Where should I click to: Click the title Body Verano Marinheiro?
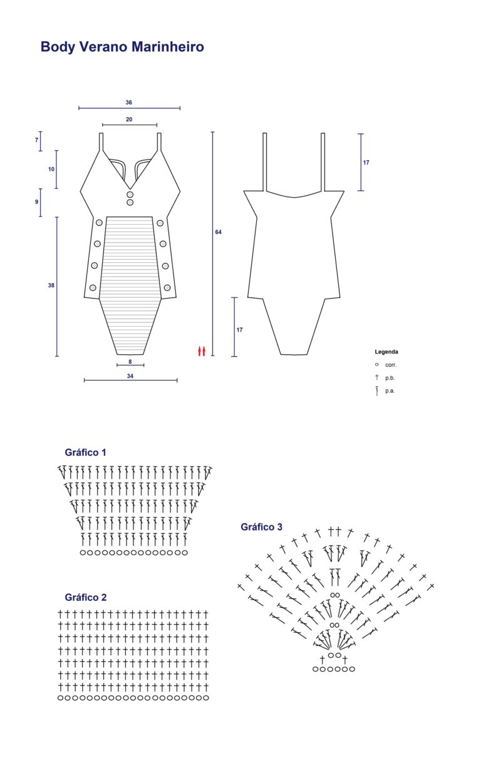click(x=122, y=47)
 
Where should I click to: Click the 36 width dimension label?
click(x=128, y=102)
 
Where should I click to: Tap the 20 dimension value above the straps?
click(x=129, y=119)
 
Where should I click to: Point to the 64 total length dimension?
click(x=218, y=232)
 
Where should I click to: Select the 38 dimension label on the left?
click(x=51, y=286)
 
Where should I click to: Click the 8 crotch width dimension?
click(x=130, y=361)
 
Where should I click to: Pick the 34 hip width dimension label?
click(x=130, y=376)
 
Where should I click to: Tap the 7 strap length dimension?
click(x=36, y=140)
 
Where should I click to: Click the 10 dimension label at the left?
click(x=51, y=169)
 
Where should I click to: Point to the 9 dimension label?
click(x=36, y=202)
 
